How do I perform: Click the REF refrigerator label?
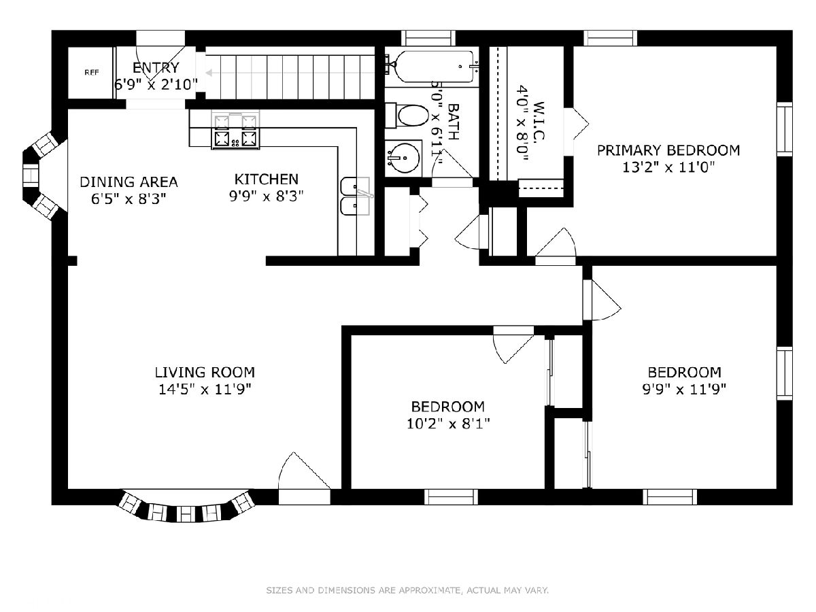(x=91, y=73)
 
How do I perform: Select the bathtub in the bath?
(x=432, y=67)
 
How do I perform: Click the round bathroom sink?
(x=403, y=158)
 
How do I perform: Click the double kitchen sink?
(x=356, y=197)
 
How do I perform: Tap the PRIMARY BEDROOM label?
(x=668, y=150)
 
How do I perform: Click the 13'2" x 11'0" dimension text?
(x=668, y=167)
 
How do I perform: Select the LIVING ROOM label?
(x=205, y=372)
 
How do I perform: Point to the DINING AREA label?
(x=129, y=182)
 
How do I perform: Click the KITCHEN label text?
(x=266, y=180)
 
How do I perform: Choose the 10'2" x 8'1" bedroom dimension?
(x=448, y=424)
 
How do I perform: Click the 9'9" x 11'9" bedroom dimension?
(x=684, y=390)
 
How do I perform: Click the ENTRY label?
(x=156, y=67)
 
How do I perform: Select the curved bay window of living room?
(x=187, y=506)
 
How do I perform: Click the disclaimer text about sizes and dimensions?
(x=407, y=590)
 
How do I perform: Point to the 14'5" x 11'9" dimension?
(x=205, y=389)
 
